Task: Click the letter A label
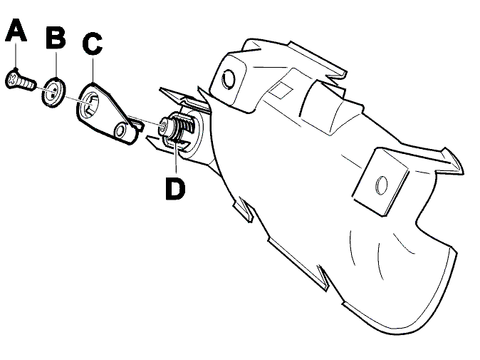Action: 16,30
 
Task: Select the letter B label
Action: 56,37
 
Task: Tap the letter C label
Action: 93,44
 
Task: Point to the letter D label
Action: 175,189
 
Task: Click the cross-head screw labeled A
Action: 21,81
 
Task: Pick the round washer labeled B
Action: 53,92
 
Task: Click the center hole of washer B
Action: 54,91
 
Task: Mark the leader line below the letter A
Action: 16,55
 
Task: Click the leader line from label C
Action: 93,69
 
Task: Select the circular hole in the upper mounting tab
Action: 229,79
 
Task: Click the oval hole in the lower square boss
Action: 381,185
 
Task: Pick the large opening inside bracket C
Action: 89,105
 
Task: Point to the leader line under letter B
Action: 56,64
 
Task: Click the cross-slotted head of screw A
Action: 12,78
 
